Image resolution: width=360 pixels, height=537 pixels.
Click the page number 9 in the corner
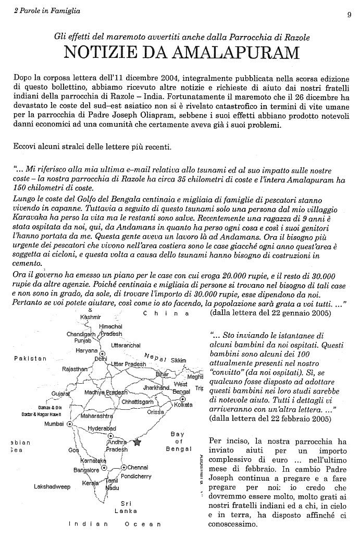coord(349,15)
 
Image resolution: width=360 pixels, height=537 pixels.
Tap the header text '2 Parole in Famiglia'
coord(44,12)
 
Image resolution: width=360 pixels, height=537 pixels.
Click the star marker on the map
coord(138,442)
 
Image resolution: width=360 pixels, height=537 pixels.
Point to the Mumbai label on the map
coord(54,424)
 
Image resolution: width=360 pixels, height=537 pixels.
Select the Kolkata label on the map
coord(183,404)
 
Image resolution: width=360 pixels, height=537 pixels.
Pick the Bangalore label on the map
coord(86,470)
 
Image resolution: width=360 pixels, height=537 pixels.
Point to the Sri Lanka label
coord(126,507)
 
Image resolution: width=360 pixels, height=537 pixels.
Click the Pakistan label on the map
coord(30,358)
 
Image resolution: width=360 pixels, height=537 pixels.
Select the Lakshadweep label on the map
coord(52,486)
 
